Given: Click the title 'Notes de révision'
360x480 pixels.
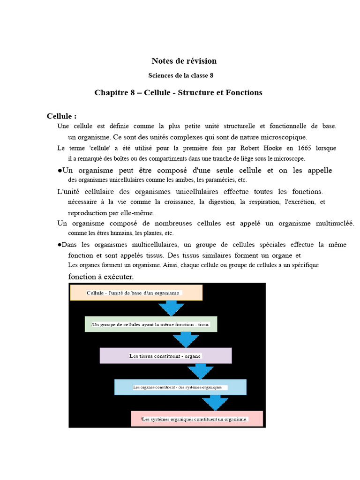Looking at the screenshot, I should point(184,61).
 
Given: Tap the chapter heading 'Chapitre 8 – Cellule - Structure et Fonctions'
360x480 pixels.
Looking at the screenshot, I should point(178,93).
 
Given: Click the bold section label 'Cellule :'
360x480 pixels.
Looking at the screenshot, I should point(61,116).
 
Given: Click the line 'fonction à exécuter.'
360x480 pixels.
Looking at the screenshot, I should point(101,277).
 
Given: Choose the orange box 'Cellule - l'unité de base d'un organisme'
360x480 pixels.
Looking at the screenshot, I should point(136,292).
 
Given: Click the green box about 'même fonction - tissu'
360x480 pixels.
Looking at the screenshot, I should point(151,324).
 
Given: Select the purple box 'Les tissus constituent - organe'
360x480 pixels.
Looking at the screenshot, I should point(165,356).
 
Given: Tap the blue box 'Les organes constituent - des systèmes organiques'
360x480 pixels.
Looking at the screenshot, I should point(180,387).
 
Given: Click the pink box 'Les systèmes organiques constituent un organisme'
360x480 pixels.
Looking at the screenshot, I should point(197,419).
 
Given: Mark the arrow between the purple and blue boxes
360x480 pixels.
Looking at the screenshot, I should point(201,371).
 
